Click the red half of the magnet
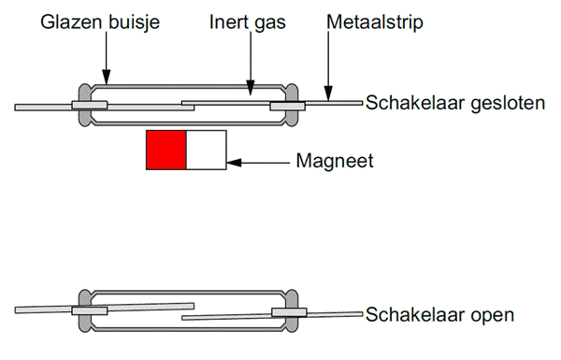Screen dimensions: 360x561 pos(166,151)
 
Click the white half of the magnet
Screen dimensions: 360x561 pos(207,151)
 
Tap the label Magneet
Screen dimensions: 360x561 pos(334,161)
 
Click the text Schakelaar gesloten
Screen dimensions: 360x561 pos(454,103)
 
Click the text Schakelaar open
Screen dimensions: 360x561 pos(439,314)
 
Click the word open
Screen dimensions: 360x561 pos(493,314)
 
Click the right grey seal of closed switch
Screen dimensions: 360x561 pos(291,105)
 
